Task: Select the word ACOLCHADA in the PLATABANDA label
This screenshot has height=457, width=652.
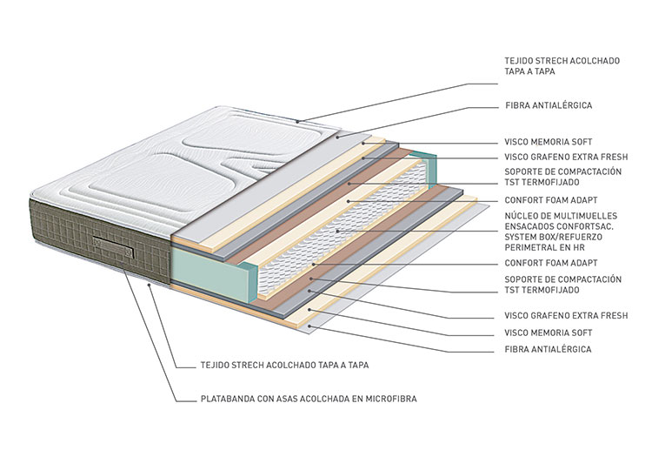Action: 336,400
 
